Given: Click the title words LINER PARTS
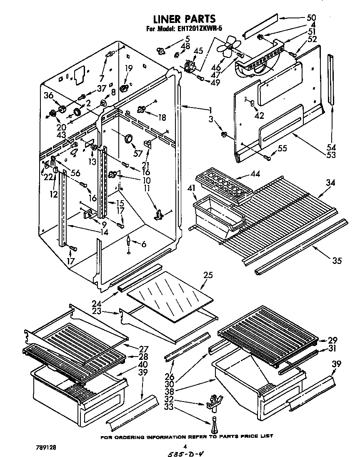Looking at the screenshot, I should (x=184, y=19).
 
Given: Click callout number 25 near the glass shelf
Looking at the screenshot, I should (x=208, y=276).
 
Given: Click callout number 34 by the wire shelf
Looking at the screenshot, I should (x=330, y=183).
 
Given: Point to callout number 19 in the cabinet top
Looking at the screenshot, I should (x=129, y=69).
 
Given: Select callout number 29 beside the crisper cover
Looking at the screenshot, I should (x=332, y=340).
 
